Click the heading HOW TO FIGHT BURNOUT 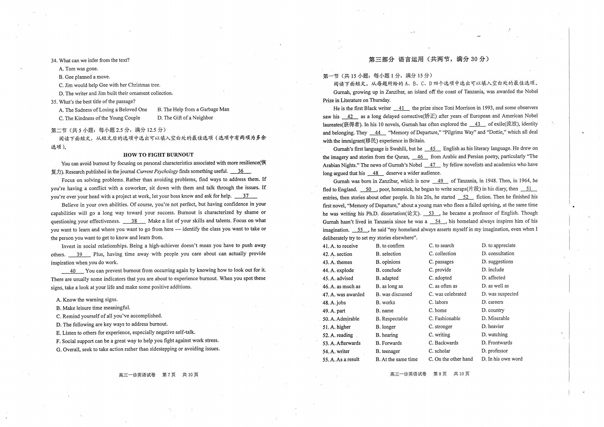(158, 155)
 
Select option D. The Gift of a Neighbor (185, 118)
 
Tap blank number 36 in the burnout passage (240, 171)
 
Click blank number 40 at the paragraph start (73, 271)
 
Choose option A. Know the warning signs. (87, 299)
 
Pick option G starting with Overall (138, 349)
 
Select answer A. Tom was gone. (78, 69)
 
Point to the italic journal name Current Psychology (157, 171)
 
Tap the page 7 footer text (158, 375)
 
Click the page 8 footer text (430, 374)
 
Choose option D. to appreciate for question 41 (499, 245)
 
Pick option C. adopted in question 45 (440, 278)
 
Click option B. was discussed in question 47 (394, 294)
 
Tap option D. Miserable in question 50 (495, 318)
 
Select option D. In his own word (502, 359)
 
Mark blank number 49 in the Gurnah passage (440, 181)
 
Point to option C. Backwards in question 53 (443, 343)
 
